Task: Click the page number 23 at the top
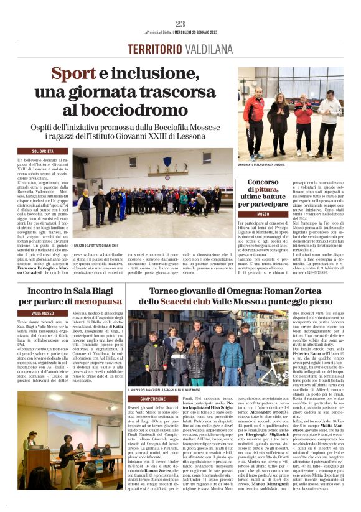180,24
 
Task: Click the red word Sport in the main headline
73,74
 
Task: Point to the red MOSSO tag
263,213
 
